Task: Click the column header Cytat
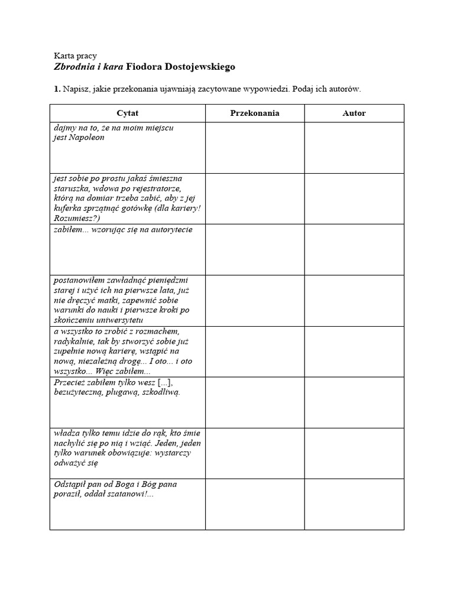(128, 113)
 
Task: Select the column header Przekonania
(255, 113)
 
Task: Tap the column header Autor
(354, 113)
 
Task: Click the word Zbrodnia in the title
(73, 67)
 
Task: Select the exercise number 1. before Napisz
(57, 89)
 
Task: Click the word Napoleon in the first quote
(87, 138)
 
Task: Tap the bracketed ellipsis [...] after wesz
(161, 382)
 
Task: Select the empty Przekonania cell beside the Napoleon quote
(255, 148)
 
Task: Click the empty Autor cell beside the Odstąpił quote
(354, 504)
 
